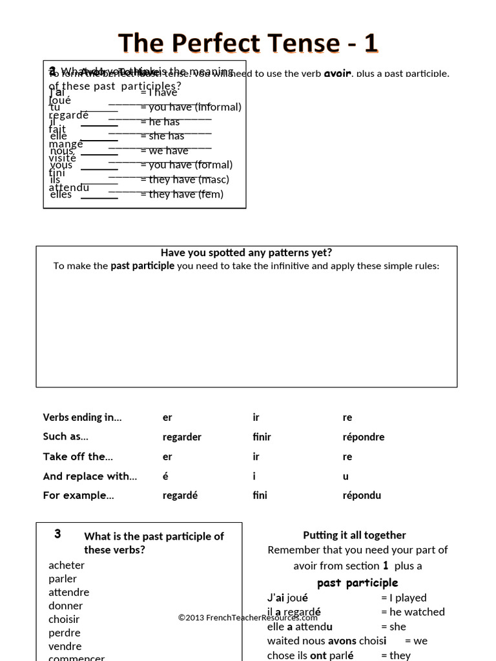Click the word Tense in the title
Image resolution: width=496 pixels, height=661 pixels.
click(298, 43)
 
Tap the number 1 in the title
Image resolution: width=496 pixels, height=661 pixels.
click(370, 43)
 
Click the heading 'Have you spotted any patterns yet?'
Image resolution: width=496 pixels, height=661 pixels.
click(246, 252)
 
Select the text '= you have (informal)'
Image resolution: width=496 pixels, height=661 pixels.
click(191, 107)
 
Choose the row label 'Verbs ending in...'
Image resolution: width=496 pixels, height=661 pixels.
click(82, 417)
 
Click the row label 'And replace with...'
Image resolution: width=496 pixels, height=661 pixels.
click(90, 476)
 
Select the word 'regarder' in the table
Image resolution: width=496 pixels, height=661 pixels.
click(182, 437)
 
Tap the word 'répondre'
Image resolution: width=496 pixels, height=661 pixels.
click(363, 437)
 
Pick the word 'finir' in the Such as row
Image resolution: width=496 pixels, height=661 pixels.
click(262, 437)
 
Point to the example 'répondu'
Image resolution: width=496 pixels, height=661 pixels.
click(362, 496)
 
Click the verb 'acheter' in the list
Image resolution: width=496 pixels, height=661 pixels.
click(67, 565)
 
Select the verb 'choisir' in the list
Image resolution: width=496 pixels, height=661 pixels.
click(64, 619)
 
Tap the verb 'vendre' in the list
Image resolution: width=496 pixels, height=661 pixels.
click(65, 646)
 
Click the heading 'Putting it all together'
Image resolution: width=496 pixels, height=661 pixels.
click(355, 535)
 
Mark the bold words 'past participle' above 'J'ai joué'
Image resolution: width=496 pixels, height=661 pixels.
click(357, 583)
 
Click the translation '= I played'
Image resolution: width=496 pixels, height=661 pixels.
click(404, 598)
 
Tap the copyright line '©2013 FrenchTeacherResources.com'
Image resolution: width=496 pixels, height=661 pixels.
click(248, 618)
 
